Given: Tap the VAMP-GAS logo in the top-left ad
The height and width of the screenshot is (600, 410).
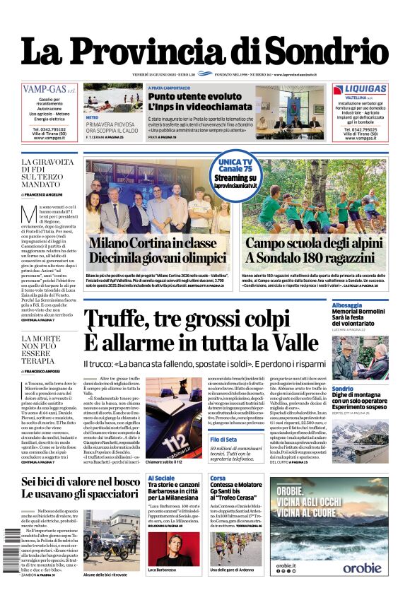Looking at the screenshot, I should (x=49, y=90).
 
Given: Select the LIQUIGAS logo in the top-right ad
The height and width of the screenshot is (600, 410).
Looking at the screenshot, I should (x=360, y=89).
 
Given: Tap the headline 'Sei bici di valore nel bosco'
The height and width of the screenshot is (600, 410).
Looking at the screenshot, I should (x=81, y=481).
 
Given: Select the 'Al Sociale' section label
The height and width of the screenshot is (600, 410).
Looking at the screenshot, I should (x=161, y=478).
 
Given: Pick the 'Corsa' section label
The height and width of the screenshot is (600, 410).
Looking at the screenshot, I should (x=218, y=478).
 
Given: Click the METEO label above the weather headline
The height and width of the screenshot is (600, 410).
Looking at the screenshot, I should (x=93, y=118).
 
